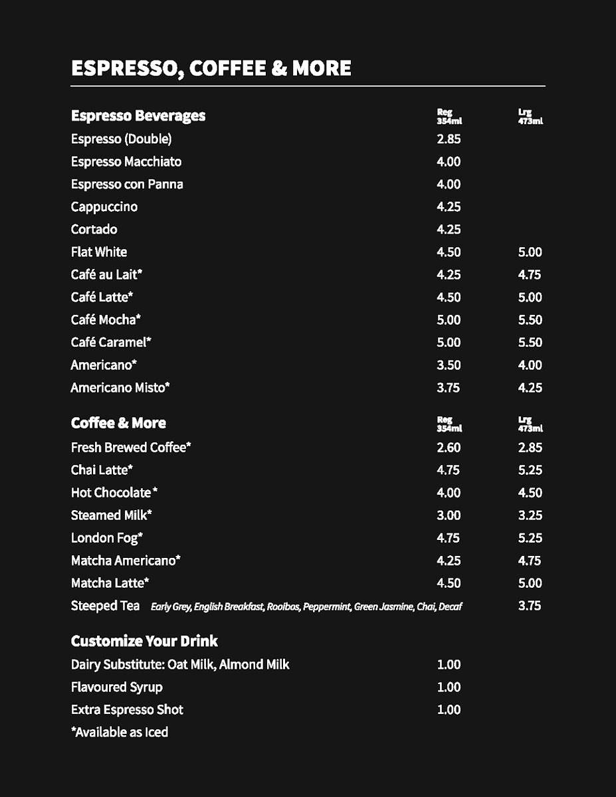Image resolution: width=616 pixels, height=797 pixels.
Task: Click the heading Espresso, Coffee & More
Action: [x=211, y=68]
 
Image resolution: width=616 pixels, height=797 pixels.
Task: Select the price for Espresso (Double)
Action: [x=449, y=139]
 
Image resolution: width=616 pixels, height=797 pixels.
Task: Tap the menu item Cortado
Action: [x=94, y=230]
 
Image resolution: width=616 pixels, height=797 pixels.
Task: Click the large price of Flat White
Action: [x=530, y=252]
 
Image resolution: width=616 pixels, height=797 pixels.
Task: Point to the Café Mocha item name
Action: [x=106, y=320]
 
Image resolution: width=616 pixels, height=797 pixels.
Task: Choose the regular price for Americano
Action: [x=449, y=365]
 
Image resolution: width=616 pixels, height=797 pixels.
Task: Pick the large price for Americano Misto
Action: [x=530, y=388]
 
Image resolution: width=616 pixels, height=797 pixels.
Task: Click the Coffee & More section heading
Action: [x=118, y=424]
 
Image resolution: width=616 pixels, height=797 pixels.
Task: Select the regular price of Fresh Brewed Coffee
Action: [x=449, y=448]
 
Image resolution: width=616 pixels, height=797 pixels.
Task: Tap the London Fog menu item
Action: [x=107, y=538]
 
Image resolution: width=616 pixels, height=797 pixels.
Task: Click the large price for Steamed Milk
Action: [x=530, y=515]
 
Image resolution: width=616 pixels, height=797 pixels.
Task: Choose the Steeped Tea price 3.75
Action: [x=530, y=606]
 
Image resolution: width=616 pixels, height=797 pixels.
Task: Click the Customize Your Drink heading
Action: [x=144, y=642]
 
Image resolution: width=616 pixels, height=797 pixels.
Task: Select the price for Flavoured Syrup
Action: [x=449, y=687]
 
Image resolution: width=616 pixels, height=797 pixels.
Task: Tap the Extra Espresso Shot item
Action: [x=127, y=710]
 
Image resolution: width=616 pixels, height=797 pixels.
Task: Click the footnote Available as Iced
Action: [x=120, y=733]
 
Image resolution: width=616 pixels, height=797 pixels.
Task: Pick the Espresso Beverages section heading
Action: [x=138, y=116]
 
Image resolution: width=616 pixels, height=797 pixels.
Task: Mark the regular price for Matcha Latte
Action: [x=449, y=584]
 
